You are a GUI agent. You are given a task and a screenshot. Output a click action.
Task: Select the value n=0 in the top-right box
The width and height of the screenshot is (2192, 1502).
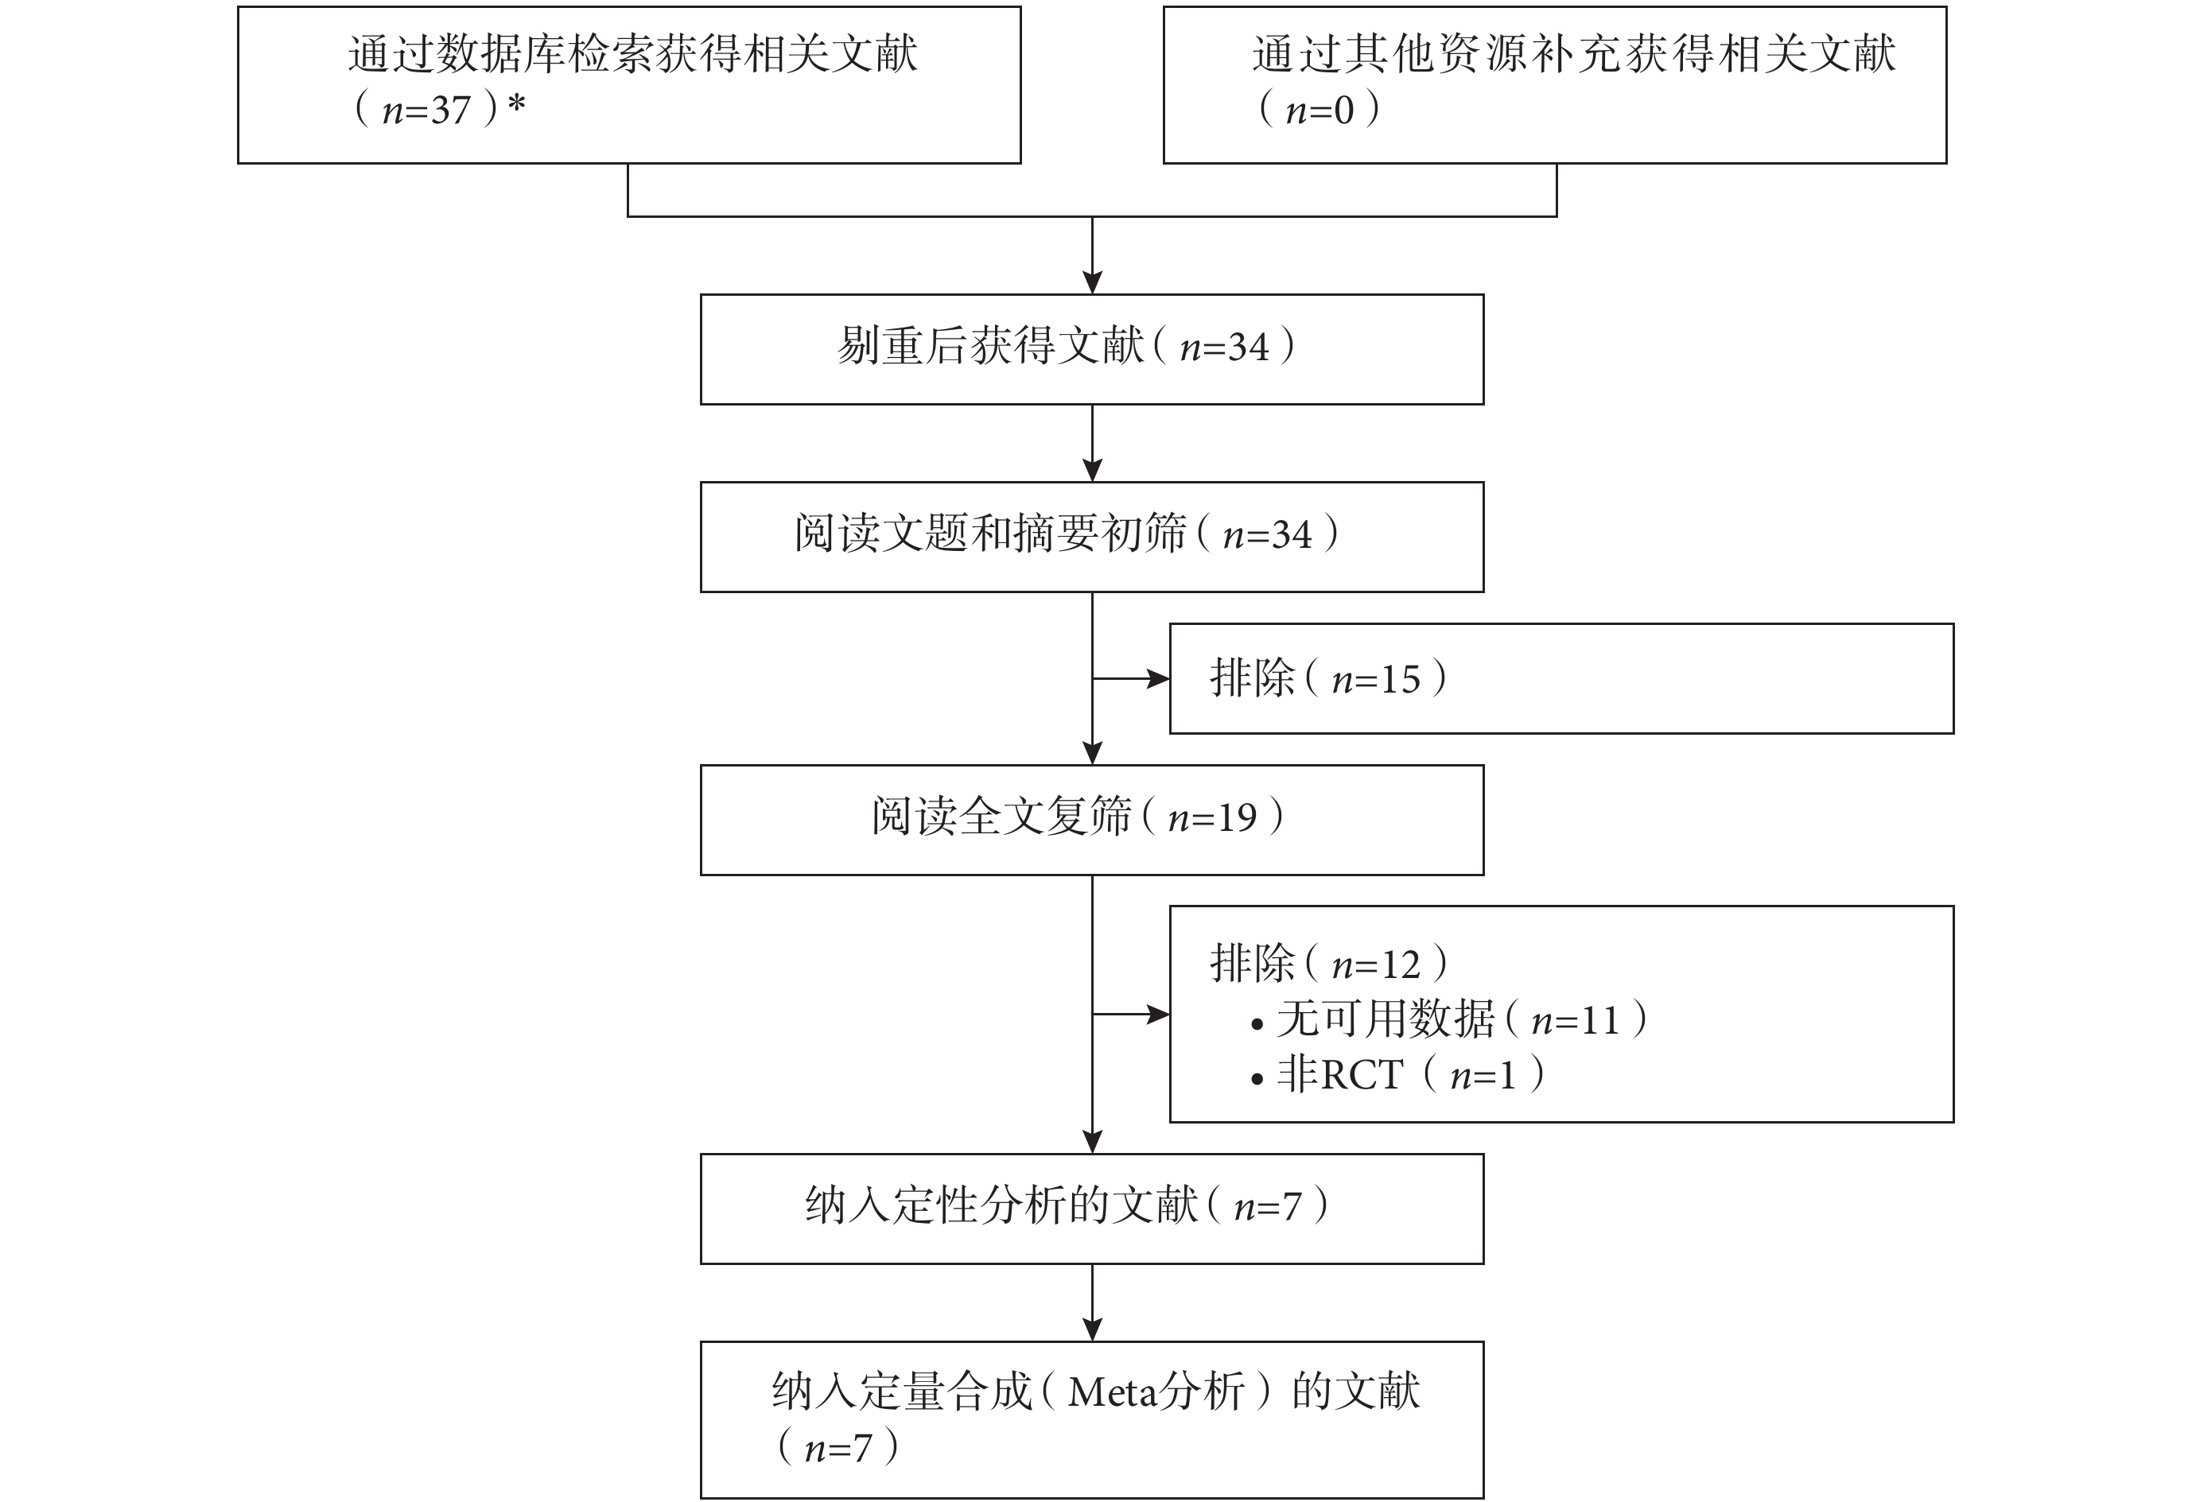tap(1319, 111)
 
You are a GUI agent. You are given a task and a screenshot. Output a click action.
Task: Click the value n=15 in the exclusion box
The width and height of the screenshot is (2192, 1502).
tap(1376, 680)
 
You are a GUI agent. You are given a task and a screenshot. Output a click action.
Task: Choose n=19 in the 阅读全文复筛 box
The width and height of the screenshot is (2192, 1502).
tap(1213, 818)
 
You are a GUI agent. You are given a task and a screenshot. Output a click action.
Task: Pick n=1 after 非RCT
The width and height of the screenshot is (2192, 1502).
tap(1483, 1076)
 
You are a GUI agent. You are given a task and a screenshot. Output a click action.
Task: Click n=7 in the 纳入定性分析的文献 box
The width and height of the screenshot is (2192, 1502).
tap(1268, 1208)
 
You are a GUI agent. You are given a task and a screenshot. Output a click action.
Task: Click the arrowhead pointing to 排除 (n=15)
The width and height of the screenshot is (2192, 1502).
tap(1158, 679)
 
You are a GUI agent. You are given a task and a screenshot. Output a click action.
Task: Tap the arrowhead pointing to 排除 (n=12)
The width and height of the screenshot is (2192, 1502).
tap(1158, 1015)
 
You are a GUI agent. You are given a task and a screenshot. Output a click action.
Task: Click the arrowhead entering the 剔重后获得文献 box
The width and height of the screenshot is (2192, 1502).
tap(1092, 283)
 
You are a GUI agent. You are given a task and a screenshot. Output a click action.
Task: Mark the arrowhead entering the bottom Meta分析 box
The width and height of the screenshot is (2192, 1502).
tap(1092, 1329)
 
